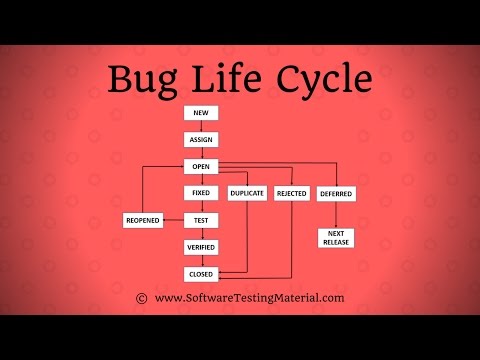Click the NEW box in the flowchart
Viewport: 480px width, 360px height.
coord(200,113)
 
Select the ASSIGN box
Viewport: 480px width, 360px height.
coord(200,140)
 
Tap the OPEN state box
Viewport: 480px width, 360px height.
coord(200,166)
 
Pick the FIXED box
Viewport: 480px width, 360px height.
coord(200,193)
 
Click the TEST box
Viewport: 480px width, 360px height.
coord(200,220)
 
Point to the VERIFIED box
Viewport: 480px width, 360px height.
coord(200,246)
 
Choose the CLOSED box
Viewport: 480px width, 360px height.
coord(200,273)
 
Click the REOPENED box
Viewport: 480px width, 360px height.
coord(143,220)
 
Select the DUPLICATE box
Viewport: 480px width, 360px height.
coord(247,193)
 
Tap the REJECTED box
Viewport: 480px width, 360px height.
coord(291,193)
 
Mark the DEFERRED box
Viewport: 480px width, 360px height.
coord(336,193)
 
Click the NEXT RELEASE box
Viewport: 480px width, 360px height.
coord(336,237)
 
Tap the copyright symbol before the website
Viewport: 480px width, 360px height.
coord(141,298)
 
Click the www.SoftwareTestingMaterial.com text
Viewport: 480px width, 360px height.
coord(249,298)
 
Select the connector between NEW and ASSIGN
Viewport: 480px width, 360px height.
coord(200,126)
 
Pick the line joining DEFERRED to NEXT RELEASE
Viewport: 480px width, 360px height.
coord(336,214)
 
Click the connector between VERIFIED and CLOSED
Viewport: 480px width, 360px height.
coord(200,260)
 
